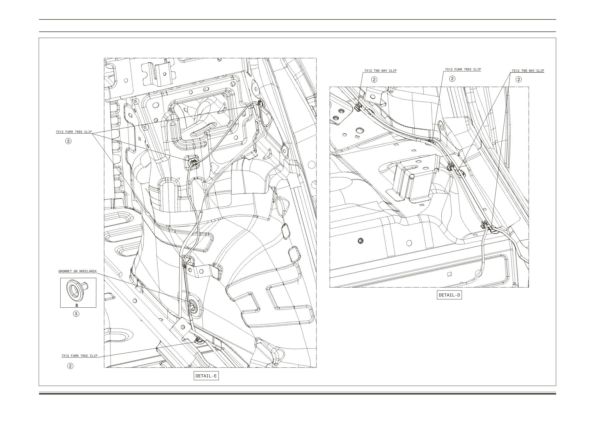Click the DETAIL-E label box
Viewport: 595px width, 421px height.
(206, 375)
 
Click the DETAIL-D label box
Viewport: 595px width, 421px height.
(449, 295)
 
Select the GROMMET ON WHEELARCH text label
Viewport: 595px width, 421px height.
(77, 271)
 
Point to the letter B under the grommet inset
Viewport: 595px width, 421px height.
(77, 305)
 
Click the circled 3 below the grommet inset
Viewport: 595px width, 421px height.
(76, 314)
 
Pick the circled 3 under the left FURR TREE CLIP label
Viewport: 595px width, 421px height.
(68, 141)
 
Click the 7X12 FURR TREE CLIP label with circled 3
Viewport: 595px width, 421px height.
(74, 132)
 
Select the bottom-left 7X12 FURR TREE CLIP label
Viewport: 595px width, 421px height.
(79, 356)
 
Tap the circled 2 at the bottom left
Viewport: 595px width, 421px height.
(70, 366)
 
